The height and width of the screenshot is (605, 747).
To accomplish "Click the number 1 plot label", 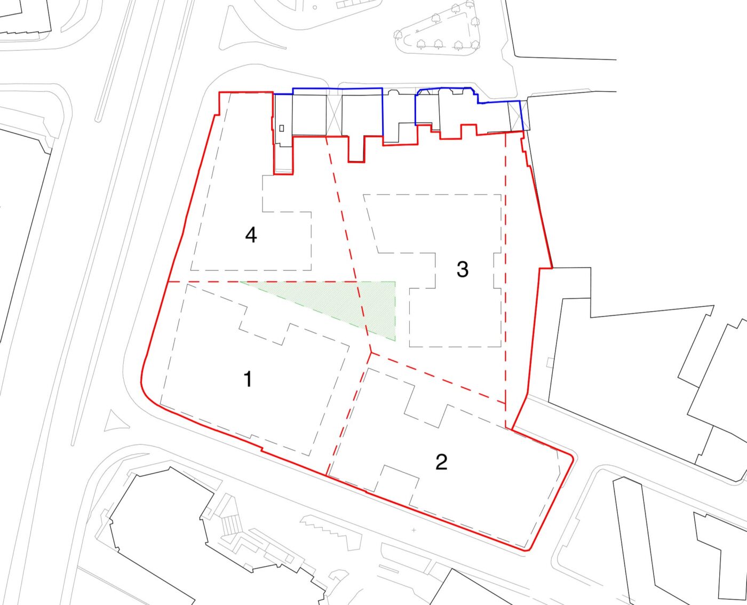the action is (248, 379).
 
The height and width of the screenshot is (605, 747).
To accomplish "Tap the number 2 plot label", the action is (442, 462).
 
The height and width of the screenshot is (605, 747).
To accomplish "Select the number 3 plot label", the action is (463, 270).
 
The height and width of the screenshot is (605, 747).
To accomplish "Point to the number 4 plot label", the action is (251, 235).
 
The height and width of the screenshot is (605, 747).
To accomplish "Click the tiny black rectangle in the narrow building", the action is (282, 129).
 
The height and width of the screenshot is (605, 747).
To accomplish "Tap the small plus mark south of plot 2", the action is (414, 530).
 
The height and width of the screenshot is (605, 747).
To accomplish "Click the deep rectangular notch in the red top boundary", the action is (356, 149).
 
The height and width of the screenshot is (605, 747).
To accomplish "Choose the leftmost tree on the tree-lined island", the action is (398, 34).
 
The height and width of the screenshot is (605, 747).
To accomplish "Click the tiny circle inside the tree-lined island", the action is (417, 31).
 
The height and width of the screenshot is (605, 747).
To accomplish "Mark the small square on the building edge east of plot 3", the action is (550, 362).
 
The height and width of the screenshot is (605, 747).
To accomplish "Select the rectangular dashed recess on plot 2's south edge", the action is (397, 483).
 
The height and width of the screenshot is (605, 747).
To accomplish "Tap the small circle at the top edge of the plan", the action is (315, 7).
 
